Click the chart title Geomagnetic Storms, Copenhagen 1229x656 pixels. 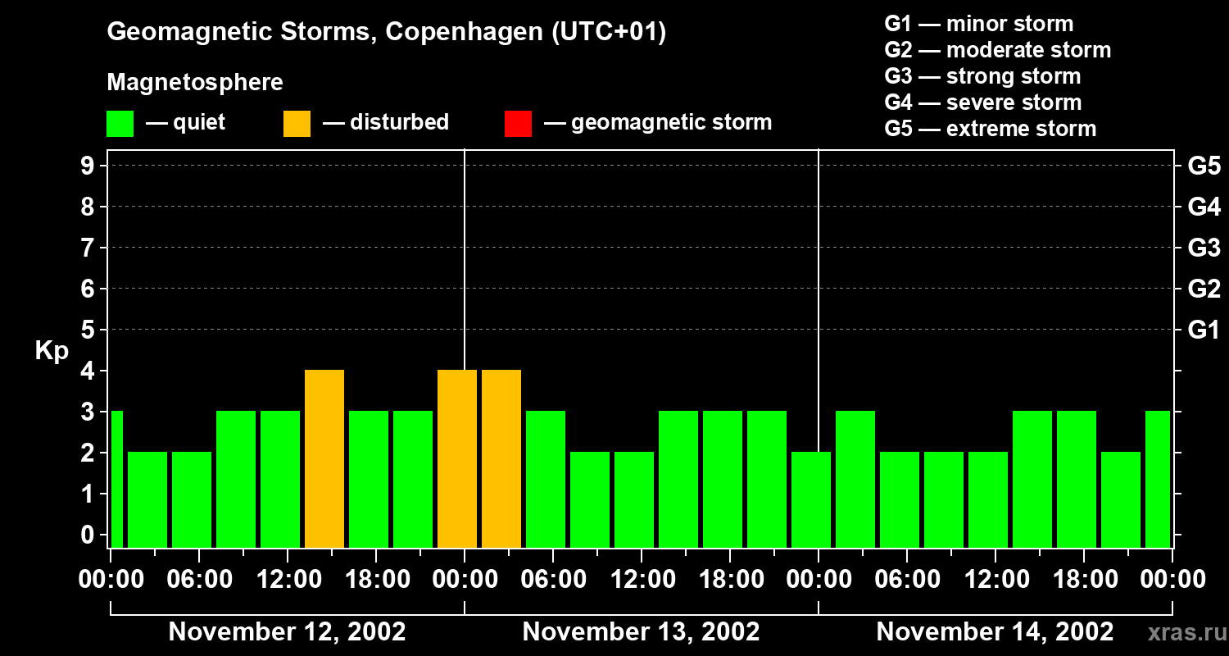coord(386,32)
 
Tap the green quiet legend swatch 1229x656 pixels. coord(120,124)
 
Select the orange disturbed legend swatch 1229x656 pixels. coord(297,124)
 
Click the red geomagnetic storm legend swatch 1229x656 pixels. coord(518,124)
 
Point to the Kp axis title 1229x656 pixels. coord(52,351)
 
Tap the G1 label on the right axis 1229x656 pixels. coord(1204,330)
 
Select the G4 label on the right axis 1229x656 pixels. coord(1204,207)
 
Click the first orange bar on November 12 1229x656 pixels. coord(324,458)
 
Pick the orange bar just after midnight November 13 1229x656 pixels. coord(501,458)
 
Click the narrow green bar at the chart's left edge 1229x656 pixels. coord(116,479)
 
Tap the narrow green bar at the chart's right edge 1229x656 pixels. coord(1157,479)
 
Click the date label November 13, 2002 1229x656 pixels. coord(641,632)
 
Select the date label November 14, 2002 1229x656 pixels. coord(995,632)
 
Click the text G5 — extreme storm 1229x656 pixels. coord(990,129)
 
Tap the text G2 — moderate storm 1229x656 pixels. coord(997,50)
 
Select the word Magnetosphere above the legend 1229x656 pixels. coord(195,83)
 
